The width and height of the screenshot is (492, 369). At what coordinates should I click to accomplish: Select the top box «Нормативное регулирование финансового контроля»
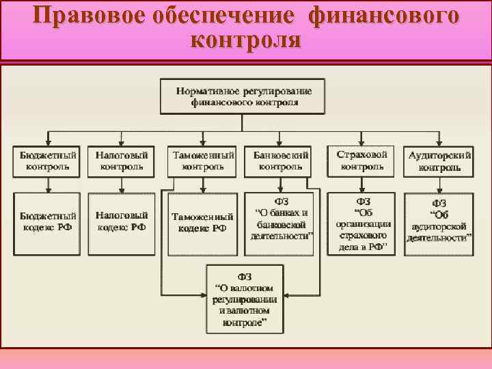244,96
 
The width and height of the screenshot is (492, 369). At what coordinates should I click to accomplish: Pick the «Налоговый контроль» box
122,160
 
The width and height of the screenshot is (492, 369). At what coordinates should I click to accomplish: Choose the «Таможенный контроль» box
203,161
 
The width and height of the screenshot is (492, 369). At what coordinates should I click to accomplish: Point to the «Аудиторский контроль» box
439,161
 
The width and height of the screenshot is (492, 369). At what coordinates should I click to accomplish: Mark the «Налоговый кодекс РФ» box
122,223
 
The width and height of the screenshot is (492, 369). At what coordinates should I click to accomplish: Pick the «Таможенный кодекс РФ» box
202,223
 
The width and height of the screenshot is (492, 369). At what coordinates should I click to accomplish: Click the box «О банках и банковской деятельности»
282,223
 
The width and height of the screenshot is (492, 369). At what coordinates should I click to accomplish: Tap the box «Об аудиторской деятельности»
439,223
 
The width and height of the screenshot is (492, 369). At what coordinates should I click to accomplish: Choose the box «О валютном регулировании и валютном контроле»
244,299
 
